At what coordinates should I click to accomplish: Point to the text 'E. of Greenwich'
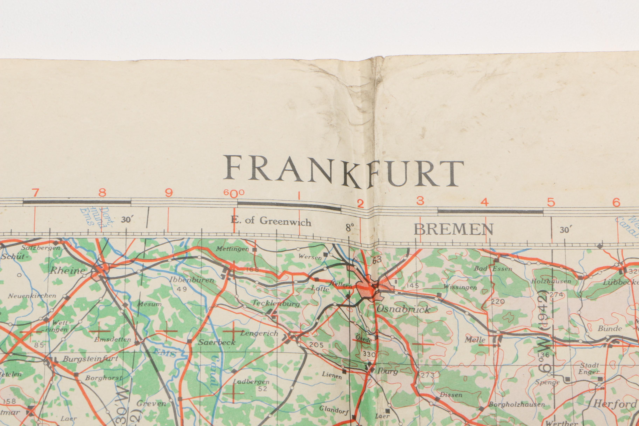(271, 221)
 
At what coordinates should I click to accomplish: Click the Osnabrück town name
(403, 309)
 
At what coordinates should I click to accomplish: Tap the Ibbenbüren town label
(192, 280)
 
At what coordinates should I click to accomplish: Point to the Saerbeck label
(217, 342)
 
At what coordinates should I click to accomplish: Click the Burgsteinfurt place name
(90, 359)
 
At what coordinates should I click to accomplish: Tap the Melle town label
(475, 340)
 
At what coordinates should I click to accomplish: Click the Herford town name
(615, 404)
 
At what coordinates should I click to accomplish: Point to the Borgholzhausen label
(517, 404)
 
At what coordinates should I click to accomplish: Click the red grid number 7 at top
(35, 193)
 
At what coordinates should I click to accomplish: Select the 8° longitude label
(350, 227)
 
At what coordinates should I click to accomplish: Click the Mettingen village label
(233, 249)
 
